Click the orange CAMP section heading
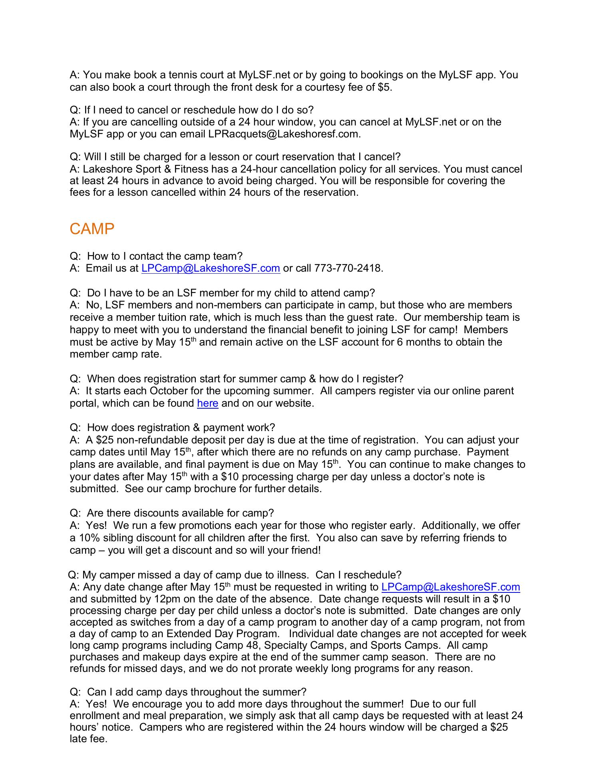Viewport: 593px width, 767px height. click(92, 229)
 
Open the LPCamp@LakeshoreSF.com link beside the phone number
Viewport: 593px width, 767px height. click(211, 268)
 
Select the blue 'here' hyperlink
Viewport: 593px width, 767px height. click(207, 403)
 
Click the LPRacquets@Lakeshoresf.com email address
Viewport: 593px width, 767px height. click(284, 134)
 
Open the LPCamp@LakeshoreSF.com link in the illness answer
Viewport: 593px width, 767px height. click(451, 587)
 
